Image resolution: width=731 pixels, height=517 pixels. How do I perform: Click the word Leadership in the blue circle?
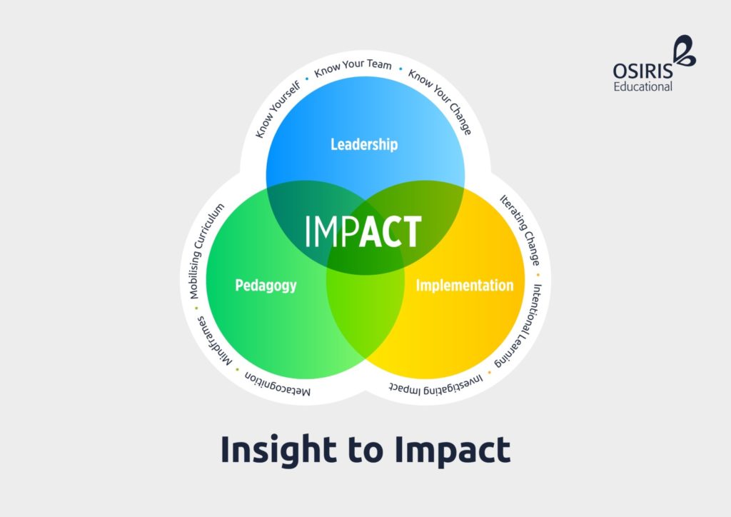(364, 144)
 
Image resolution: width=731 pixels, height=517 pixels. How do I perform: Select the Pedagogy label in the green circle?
(266, 286)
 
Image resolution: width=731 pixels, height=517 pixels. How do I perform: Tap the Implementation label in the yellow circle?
(464, 285)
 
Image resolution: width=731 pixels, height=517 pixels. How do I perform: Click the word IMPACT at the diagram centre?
(363, 231)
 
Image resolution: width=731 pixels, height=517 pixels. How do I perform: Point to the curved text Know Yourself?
(278, 109)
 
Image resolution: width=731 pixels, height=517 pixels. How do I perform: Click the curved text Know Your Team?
(353, 68)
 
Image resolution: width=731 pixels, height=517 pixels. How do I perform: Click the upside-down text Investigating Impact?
(436, 385)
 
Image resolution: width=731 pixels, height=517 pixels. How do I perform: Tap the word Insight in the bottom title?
(278, 450)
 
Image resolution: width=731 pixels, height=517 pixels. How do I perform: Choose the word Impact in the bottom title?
(453, 450)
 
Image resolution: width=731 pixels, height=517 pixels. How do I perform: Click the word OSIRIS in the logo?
(643, 71)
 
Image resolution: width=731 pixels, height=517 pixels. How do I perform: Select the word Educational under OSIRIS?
(643, 86)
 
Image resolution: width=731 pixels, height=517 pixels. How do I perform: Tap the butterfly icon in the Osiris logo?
(685, 51)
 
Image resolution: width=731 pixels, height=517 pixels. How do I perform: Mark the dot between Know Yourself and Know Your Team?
(307, 79)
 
